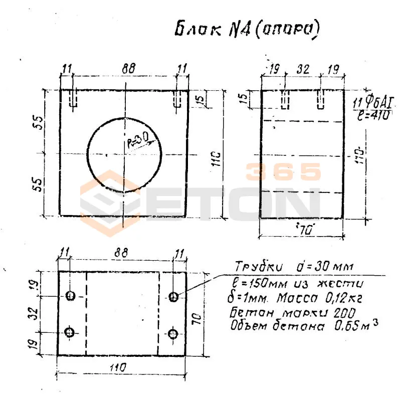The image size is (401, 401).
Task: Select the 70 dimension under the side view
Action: (x=302, y=230)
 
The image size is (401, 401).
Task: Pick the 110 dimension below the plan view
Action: (x=122, y=368)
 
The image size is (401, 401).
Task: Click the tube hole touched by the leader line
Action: (x=173, y=297)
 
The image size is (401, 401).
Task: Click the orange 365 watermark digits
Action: (x=283, y=172)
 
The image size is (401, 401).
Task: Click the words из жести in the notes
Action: (x=319, y=283)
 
